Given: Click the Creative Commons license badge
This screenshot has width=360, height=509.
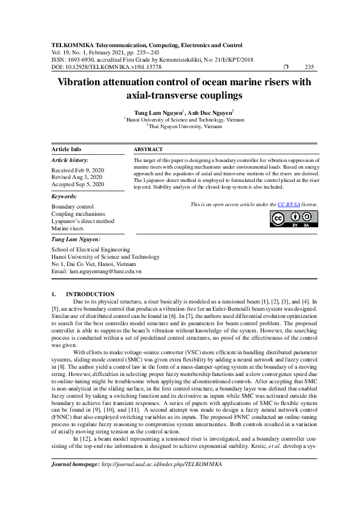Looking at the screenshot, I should pyautogui.click(x=295, y=219).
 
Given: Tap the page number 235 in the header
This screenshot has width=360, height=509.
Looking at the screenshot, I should pyautogui.click(x=309, y=67).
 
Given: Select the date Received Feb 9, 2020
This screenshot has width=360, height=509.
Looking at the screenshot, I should pyautogui.click(x=77, y=170).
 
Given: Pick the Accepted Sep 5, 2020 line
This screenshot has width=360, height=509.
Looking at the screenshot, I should pyautogui.click(x=77, y=184).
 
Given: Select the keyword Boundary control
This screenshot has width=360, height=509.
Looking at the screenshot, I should pyautogui.click(x=73, y=207).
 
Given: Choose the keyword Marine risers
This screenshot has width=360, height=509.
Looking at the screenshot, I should pyautogui.click(x=68, y=229).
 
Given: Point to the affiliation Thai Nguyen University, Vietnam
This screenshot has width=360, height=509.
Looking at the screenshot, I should pyautogui.click(x=180, y=126).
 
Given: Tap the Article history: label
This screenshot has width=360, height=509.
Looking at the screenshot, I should pyautogui.click(x=70, y=160).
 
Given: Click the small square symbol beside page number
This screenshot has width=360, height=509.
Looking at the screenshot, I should pyautogui.click(x=286, y=67).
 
